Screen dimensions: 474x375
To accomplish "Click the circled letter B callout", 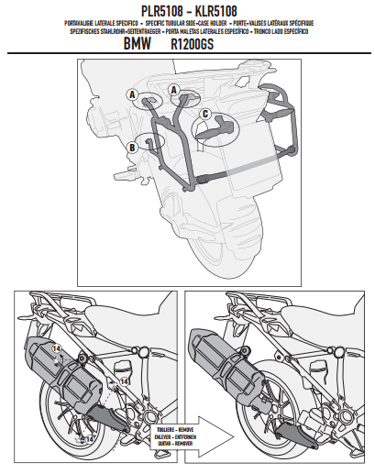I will (x=134, y=146).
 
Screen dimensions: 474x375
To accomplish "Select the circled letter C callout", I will (x=205, y=114).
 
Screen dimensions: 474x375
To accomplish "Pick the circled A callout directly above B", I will (x=133, y=94).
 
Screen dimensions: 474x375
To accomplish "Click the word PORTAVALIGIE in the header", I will (x=85, y=21).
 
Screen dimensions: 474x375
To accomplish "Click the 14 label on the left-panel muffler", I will (x=56, y=350).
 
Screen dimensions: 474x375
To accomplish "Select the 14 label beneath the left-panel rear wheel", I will (x=89, y=439).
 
